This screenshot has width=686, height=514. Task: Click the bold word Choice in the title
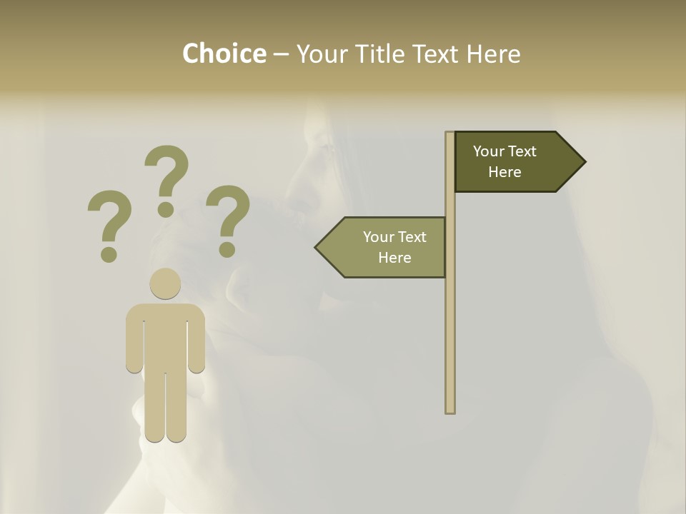pos(224,54)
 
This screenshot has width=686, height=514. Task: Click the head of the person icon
pos(165,283)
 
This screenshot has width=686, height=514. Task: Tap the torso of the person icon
pos(165,336)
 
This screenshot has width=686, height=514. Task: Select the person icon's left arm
pos(134,339)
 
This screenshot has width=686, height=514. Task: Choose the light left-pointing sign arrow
pos(386,247)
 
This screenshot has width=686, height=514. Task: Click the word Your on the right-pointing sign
pos(488,151)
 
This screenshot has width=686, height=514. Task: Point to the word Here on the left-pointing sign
pos(394,258)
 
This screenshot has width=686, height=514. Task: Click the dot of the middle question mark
pos(166,209)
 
